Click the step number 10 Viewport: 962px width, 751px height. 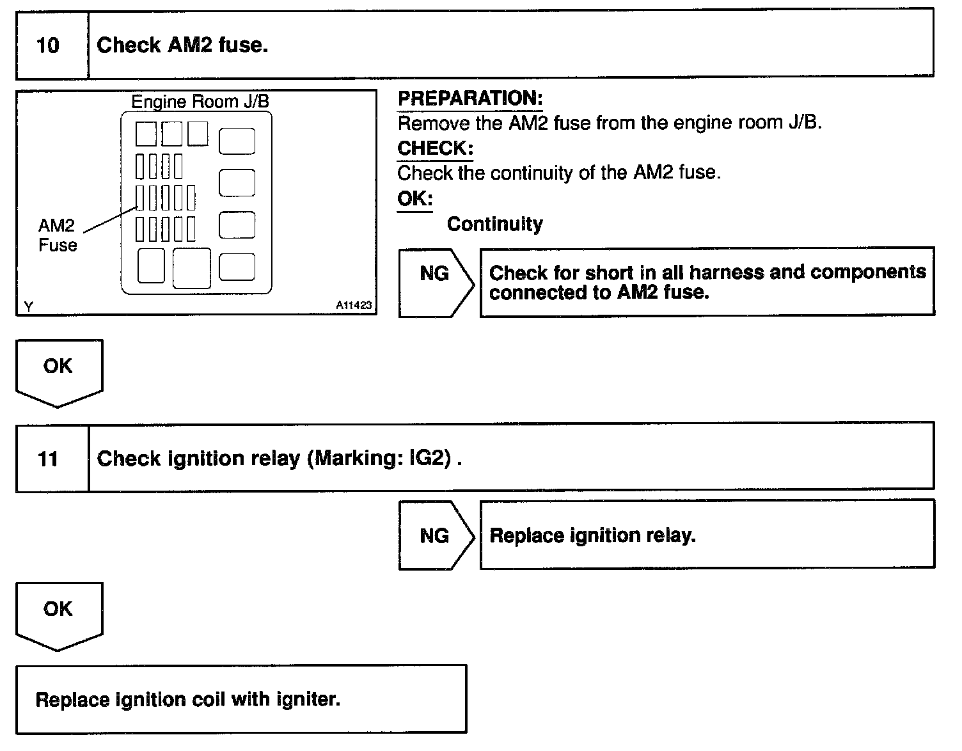tap(48, 45)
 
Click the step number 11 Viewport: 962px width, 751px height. tap(48, 459)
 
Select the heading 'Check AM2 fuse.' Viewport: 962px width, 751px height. tap(182, 45)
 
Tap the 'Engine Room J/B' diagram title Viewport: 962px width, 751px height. tap(200, 102)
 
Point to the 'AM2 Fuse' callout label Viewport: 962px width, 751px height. tap(57, 235)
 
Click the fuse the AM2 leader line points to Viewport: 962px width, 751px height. tap(139, 198)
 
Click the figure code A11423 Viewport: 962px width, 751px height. tap(353, 306)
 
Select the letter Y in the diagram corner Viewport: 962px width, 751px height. tap(28, 307)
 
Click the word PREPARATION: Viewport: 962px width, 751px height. tap(470, 99)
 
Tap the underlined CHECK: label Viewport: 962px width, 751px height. tap(435, 148)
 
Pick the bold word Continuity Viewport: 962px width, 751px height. tap(494, 224)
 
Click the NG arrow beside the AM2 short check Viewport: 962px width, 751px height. tap(435, 281)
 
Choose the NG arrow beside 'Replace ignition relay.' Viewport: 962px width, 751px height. tap(435, 535)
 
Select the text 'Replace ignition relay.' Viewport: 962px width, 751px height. tap(592, 535)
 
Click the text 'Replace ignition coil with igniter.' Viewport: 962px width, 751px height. tap(187, 699)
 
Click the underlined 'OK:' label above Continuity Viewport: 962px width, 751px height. tap(414, 198)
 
